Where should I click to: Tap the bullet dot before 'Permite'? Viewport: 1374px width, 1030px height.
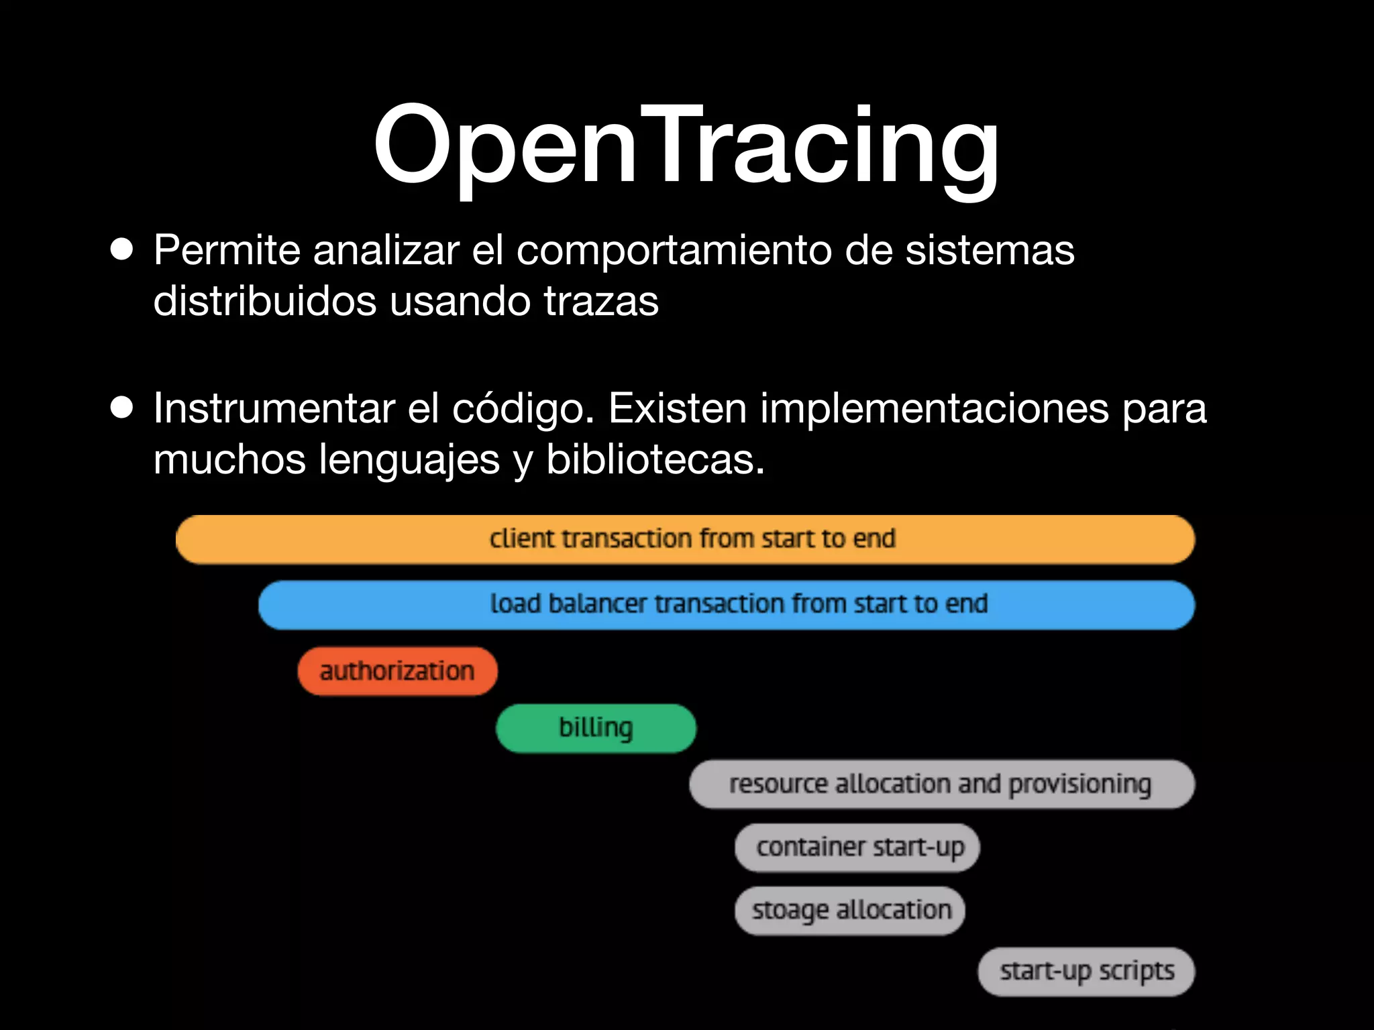click(x=122, y=250)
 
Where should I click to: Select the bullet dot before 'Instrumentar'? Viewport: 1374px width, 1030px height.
click(x=122, y=408)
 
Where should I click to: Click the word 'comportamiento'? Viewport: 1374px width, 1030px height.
click(x=674, y=251)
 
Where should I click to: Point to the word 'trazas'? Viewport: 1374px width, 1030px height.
click(x=601, y=301)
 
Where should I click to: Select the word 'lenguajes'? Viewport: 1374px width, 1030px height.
click(x=409, y=461)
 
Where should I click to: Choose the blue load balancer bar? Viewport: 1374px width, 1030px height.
click(x=726, y=605)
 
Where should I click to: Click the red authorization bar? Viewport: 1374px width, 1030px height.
click(x=397, y=671)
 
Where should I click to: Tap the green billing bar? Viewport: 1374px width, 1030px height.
click(x=596, y=728)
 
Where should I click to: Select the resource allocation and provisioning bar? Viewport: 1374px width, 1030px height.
click(x=941, y=784)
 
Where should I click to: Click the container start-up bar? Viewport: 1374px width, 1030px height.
click(x=857, y=848)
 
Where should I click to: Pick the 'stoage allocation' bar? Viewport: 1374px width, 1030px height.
click(x=849, y=911)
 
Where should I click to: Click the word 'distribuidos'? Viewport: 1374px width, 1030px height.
click(x=265, y=301)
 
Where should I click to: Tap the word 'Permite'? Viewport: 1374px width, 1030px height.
click(x=227, y=251)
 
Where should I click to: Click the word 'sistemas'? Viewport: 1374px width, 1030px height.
click(x=990, y=251)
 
